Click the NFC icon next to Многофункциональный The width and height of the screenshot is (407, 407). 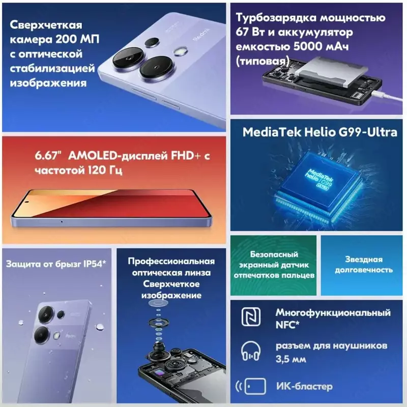[x=250, y=318]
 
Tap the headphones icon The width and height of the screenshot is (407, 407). [x=250, y=351]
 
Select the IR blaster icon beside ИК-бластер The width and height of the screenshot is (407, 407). [x=250, y=386]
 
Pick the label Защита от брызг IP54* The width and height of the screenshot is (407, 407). [x=56, y=264]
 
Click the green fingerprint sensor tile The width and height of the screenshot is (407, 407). [x=274, y=264]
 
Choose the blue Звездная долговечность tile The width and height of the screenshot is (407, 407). [x=364, y=264]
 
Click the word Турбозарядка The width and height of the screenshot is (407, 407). [x=272, y=18]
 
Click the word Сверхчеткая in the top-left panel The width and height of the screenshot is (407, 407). [x=46, y=25]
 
